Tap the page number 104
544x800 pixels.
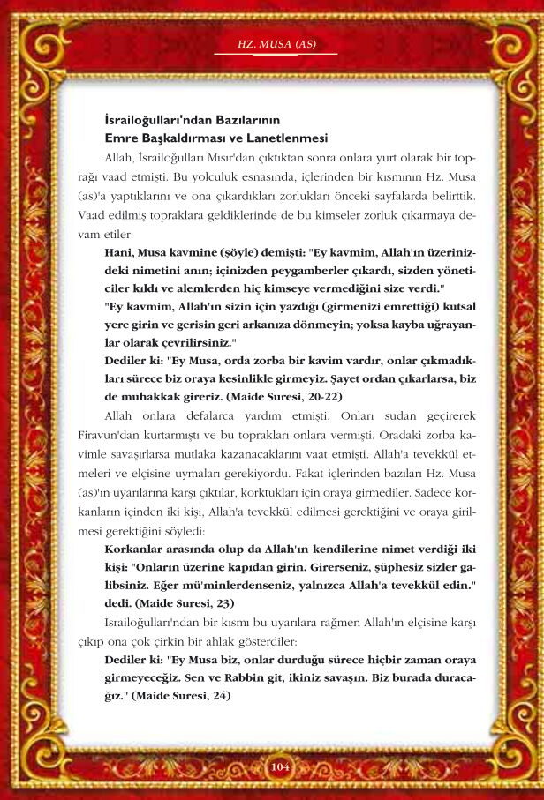click(x=280, y=766)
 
